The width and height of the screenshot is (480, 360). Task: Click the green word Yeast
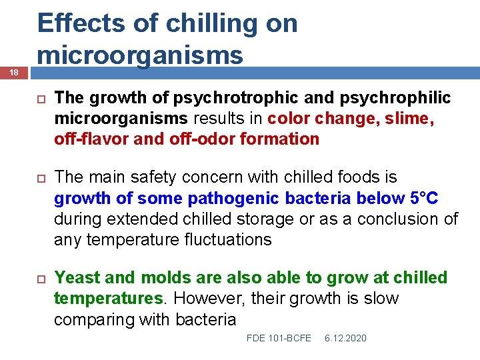click(76, 278)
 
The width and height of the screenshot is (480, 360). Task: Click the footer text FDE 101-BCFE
click(279, 339)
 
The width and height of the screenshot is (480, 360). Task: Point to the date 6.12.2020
click(345, 339)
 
